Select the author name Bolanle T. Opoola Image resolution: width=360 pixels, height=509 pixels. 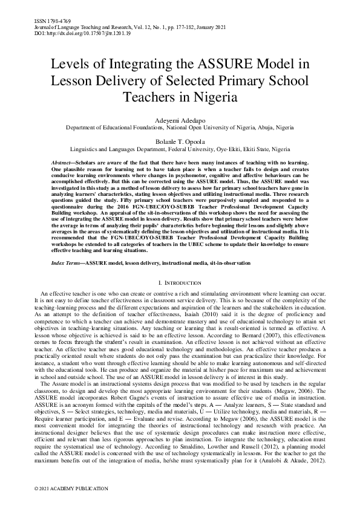point(180,141)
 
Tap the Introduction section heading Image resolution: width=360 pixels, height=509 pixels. point(182,282)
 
